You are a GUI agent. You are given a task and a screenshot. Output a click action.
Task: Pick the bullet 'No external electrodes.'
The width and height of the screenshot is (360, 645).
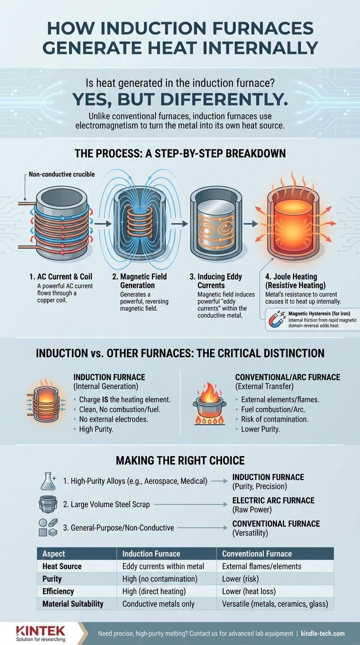point(111,419)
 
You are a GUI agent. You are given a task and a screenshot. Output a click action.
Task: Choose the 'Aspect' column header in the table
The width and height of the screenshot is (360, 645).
point(53,554)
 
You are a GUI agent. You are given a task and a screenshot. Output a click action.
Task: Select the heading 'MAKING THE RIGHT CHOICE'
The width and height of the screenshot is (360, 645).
point(180,460)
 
